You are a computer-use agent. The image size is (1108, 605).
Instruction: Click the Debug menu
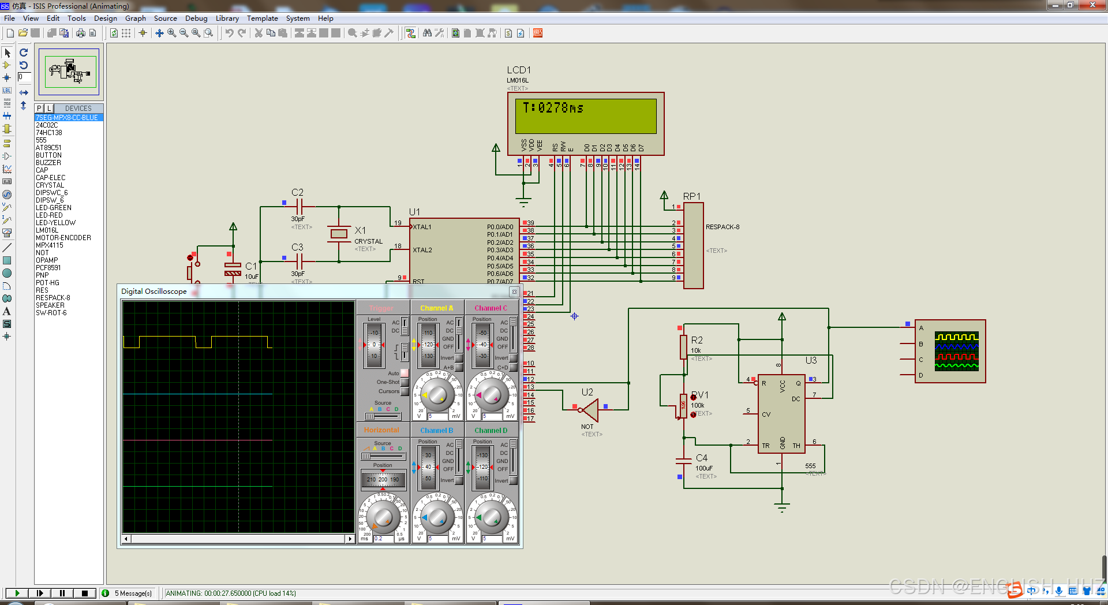click(x=196, y=18)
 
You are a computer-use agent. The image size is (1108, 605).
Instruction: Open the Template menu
click(x=263, y=18)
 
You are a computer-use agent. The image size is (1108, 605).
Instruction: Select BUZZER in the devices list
click(x=48, y=163)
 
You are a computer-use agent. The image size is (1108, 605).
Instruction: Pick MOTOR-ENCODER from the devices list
click(x=63, y=238)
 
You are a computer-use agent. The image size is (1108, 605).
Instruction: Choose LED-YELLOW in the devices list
click(x=56, y=223)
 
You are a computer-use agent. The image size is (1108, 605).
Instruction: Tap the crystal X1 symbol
click(x=339, y=234)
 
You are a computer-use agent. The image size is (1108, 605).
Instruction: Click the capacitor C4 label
click(x=702, y=458)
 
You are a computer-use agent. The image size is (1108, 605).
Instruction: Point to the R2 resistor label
click(x=697, y=340)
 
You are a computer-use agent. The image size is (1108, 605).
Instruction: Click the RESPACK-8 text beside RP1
click(x=723, y=227)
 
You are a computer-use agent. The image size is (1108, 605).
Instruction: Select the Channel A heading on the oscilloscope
click(x=437, y=308)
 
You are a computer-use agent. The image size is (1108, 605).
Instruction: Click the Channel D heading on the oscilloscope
click(x=491, y=431)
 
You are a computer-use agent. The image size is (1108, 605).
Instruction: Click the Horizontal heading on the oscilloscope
click(x=381, y=430)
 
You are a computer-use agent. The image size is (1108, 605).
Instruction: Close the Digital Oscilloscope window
click(x=514, y=292)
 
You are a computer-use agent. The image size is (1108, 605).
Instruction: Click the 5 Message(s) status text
click(x=133, y=593)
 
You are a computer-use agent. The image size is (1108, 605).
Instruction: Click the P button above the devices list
click(x=39, y=109)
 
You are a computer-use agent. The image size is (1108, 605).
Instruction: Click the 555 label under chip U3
click(x=810, y=466)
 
